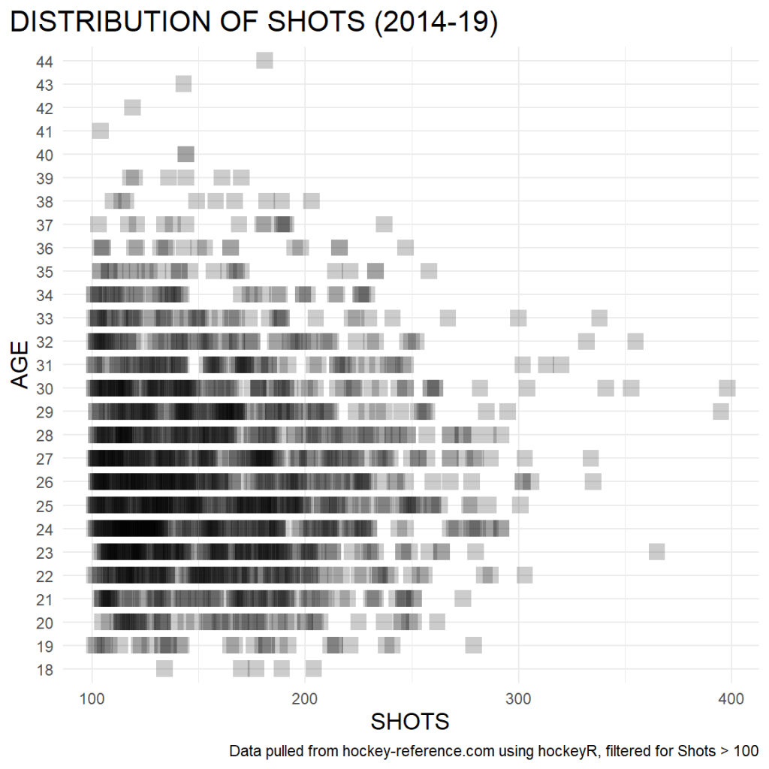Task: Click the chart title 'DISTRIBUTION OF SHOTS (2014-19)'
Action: [254, 23]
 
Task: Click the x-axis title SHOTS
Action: [410, 722]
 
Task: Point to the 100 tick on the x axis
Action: [92, 699]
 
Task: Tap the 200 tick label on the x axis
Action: [305, 699]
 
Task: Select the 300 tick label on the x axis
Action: [518, 699]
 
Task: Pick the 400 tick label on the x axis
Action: [731, 699]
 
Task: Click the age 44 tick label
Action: [44, 61]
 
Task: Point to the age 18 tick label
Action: [44, 669]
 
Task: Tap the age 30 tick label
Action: [44, 388]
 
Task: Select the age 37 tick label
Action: [44, 225]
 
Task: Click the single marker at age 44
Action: [264, 61]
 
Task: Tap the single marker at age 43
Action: [183, 84]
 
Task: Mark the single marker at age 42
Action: [132, 107]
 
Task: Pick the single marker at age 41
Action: [100, 131]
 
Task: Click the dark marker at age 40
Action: [185, 155]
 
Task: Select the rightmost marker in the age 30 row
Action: [727, 388]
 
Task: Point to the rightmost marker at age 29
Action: [721, 412]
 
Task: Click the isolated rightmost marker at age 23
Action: [656, 552]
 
